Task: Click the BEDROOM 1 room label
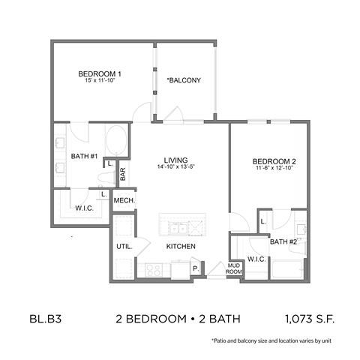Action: point(100,73)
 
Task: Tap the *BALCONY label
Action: point(183,80)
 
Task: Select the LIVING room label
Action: point(176,159)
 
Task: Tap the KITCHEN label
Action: point(181,246)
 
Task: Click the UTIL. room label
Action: point(124,246)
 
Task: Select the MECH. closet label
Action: point(123,201)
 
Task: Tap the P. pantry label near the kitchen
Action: point(196,268)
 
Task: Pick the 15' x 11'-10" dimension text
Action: point(100,81)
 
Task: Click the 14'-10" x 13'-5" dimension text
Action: point(176,166)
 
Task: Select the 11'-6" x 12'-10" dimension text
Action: point(268,169)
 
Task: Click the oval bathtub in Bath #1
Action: point(115,141)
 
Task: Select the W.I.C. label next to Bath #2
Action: point(256,260)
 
